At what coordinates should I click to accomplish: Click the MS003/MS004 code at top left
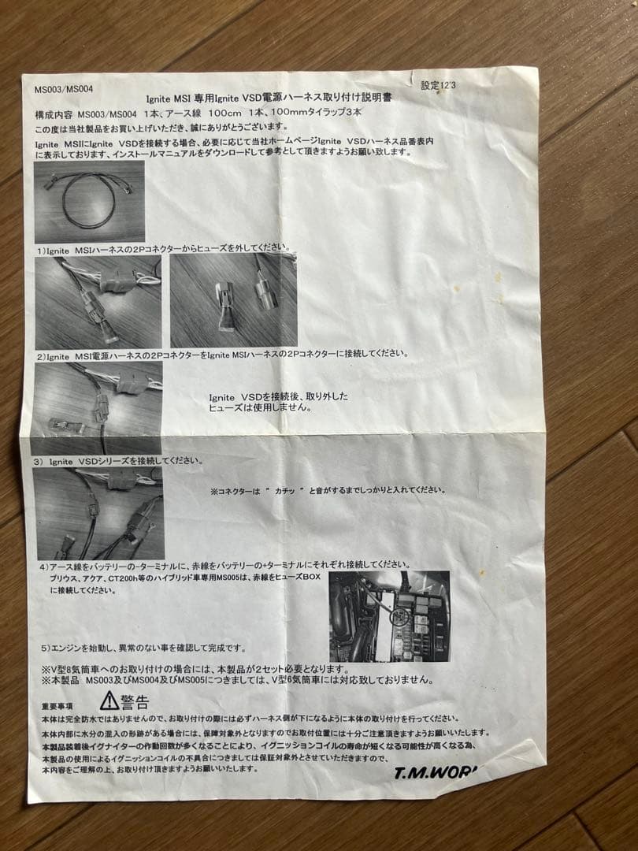coord(57,90)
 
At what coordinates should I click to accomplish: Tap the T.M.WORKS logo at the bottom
coord(436,772)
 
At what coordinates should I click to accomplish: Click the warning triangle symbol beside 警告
coord(109,700)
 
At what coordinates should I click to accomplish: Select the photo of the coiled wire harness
coord(89,202)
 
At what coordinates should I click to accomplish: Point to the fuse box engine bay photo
coord(388,615)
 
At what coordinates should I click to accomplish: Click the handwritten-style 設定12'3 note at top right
coord(440,84)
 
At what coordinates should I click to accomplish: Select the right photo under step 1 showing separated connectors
coord(233,300)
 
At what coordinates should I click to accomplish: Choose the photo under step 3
coord(98,512)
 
